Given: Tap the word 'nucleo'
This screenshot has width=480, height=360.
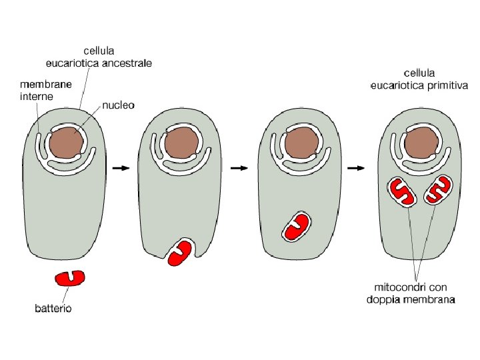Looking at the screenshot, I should coord(119,106).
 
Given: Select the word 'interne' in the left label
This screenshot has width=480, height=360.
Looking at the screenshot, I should coord(37,96).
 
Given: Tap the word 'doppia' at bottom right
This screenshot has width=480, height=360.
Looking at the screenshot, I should coord(385,299).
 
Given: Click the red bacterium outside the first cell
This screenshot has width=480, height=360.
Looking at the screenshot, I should coord(69,278).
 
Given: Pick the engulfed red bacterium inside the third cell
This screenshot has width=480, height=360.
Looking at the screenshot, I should coord(297,227).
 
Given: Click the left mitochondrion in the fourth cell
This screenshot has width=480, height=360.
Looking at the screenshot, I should coord(403,191).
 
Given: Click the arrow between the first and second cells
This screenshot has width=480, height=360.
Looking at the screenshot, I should coord(121,168).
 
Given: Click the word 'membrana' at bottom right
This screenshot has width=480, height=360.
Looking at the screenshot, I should coord(429,299).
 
